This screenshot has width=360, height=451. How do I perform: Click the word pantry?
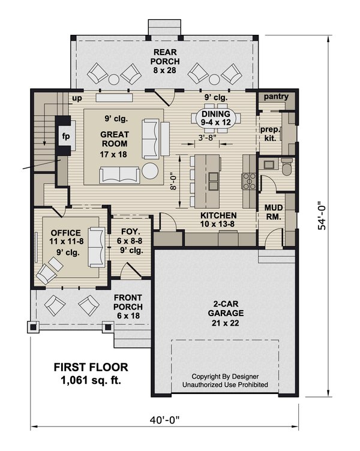[x=275, y=97]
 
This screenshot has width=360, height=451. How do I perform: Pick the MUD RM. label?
[x=274, y=212]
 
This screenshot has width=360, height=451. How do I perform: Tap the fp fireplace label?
[x=65, y=136]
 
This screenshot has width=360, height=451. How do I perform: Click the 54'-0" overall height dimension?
[x=323, y=215]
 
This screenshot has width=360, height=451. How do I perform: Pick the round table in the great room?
[x=148, y=172]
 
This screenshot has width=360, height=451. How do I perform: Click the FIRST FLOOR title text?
[x=90, y=367]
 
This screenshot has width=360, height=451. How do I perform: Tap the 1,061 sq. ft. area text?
[x=90, y=380]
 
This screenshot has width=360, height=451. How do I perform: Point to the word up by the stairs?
[x=76, y=97]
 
